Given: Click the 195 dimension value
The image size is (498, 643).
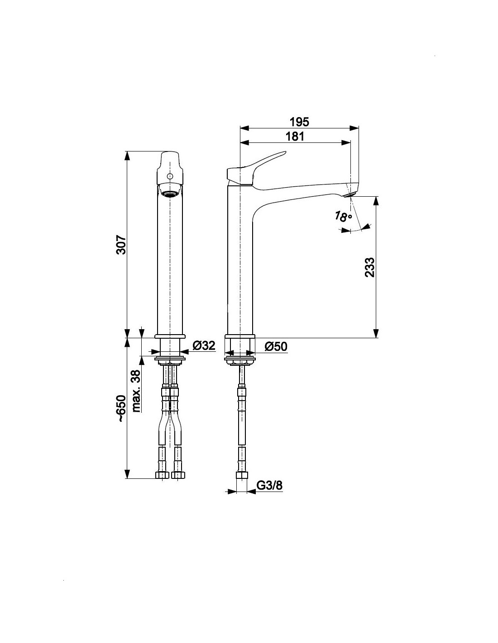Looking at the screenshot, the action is [299, 122].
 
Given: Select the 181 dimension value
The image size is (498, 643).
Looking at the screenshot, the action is [295, 137].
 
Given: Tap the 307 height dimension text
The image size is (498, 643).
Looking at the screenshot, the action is [121, 245].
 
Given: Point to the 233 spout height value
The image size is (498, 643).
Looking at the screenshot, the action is [369, 267].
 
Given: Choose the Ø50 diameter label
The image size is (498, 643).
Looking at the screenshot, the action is [276, 346].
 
